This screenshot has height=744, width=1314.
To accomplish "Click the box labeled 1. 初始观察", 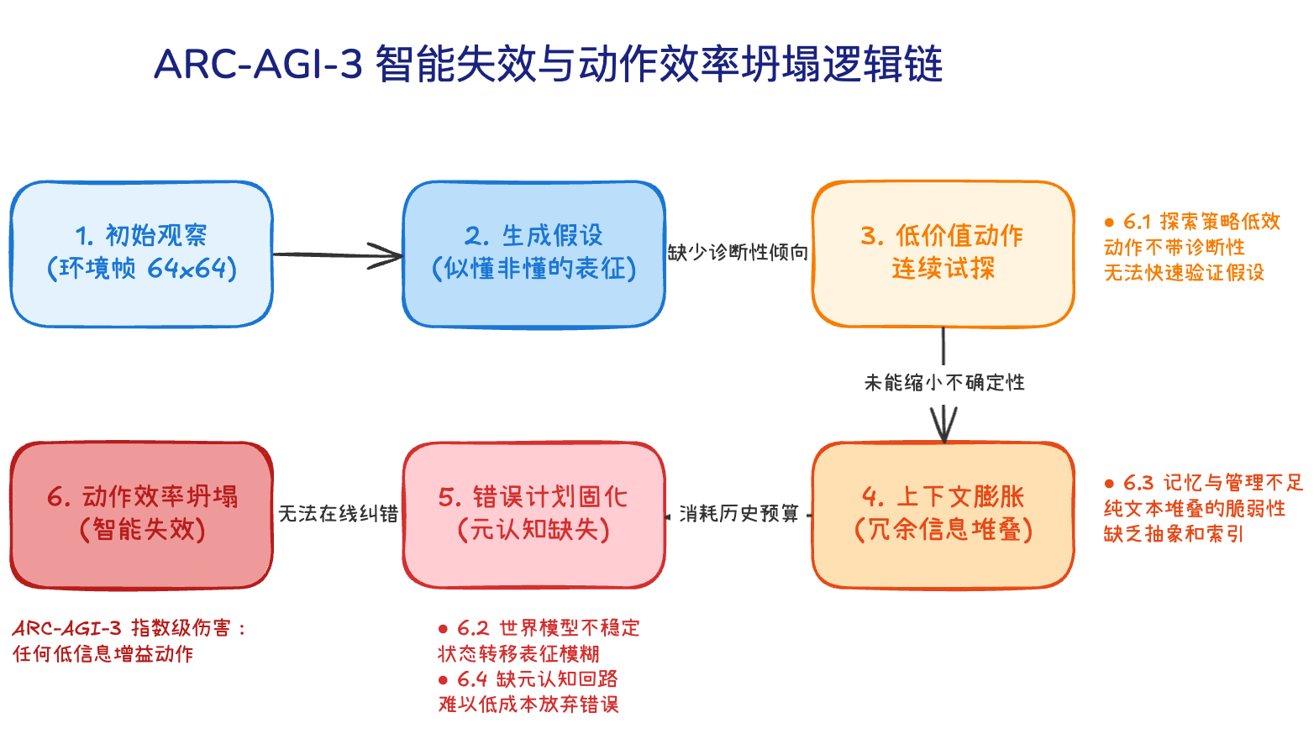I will click(141, 254).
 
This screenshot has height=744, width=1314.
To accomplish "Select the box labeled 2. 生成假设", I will click(533, 254).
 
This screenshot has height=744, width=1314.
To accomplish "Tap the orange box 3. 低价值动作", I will click(943, 254).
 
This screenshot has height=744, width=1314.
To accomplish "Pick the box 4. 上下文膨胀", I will click(943, 514).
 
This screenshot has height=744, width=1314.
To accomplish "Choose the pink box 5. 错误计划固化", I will click(533, 514).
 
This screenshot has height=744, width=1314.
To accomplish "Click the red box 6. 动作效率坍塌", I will click(141, 514).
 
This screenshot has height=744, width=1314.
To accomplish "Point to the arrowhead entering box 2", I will click(392, 255).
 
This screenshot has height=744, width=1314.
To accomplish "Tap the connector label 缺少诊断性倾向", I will click(738, 253).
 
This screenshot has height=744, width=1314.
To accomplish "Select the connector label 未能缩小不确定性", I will click(944, 383).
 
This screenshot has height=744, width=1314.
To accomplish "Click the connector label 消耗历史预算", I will click(738, 513).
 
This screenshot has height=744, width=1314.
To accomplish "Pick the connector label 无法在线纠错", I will click(338, 513).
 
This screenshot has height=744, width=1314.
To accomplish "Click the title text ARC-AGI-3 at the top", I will click(258, 64).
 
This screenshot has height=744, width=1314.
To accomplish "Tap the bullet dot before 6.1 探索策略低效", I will click(1109, 223).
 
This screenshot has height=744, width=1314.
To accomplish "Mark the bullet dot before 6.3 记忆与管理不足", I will click(1109, 484).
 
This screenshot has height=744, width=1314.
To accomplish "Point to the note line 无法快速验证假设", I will click(1183, 272).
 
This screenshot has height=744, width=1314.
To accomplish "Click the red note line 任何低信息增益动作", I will click(102, 653).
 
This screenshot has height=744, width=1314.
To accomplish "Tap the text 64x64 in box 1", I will click(187, 269).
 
